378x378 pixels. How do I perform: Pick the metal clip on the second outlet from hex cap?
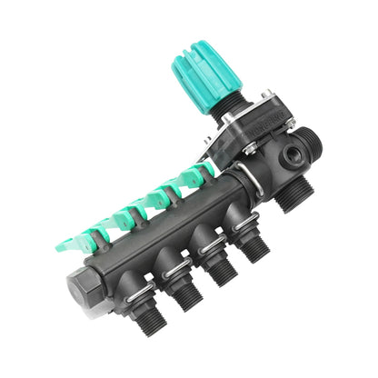[x=178, y=265]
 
